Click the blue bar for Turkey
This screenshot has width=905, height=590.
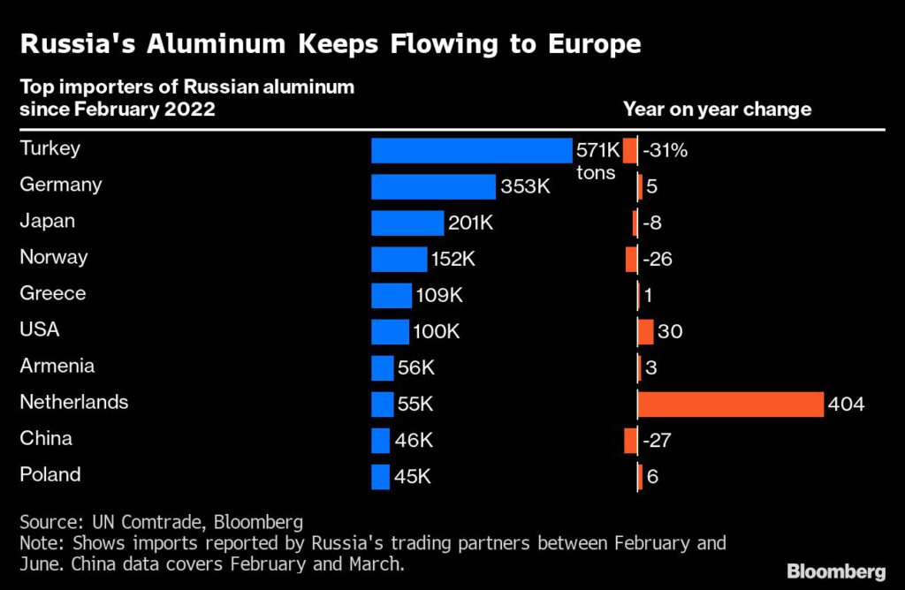tap(472, 150)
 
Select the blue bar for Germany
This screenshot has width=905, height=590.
tap(433, 186)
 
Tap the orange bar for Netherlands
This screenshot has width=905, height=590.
tap(730, 405)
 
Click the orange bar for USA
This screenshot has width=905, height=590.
tap(645, 332)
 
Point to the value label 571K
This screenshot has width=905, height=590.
tap(598, 149)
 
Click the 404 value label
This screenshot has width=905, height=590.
tap(846, 405)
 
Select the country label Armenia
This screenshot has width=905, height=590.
tap(57, 366)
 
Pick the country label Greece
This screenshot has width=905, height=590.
tap(52, 293)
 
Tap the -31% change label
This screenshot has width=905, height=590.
tap(665, 150)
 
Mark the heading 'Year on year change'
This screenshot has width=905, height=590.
tap(717, 110)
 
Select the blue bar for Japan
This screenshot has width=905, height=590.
tap(407, 223)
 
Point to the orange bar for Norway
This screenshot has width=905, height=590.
tap(631, 260)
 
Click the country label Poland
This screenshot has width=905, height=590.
tap(49, 474)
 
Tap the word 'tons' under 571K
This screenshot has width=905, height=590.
tap(596, 172)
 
